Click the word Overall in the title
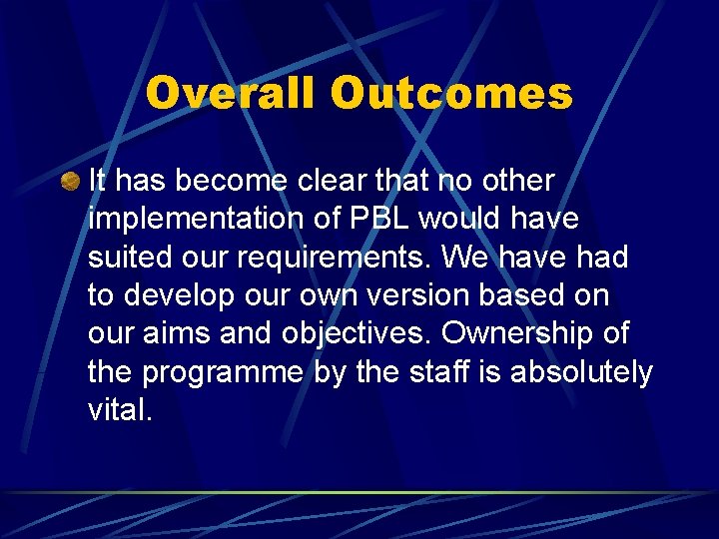[234, 94]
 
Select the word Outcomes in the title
[452, 94]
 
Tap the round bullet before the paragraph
[69, 182]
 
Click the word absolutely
[581, 372]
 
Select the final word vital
[120, 410]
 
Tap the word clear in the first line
[337, 182]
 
